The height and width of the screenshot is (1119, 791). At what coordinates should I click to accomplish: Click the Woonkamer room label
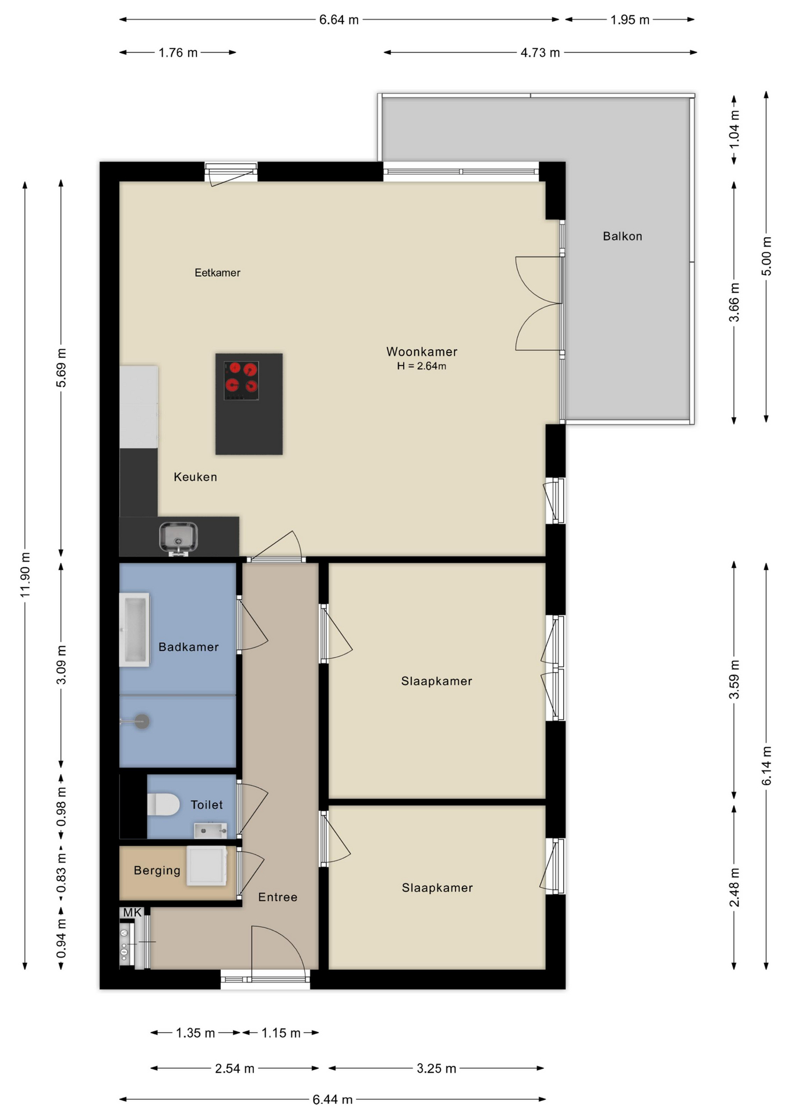[x=422, y=351]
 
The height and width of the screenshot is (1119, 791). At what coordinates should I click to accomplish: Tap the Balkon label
[x=623, y=236]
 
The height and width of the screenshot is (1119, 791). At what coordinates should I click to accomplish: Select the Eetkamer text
[x=217, y=272]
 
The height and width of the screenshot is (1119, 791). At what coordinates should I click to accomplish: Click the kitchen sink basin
[x=179, y=537]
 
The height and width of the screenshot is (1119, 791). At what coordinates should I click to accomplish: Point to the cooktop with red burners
[x=241, y=381]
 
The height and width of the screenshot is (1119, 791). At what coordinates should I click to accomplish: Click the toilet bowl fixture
[x=164, y=804]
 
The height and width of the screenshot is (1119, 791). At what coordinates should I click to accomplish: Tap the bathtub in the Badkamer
[x=135, y=630]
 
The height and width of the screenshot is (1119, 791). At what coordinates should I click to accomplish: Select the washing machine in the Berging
[x=207, y=866]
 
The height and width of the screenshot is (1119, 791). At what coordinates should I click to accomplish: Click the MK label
[x=132, y=913]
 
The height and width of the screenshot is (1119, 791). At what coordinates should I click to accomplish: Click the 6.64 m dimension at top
[x=339, y=20]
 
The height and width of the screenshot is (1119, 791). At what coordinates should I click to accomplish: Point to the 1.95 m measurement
[x=630, y=20]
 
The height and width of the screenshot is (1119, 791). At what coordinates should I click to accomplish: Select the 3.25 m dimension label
[x=436, y=1068]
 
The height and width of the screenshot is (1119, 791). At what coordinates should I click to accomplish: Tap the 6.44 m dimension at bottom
[x=333, y=1099]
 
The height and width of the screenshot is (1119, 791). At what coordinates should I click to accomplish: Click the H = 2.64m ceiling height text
[x=422, y=366]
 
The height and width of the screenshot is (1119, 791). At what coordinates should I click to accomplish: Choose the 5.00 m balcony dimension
[x=767, y=256]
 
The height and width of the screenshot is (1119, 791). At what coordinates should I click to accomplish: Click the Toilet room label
[x=207, y=805]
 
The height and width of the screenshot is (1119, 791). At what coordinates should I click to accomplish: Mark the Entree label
[x=278, y=897]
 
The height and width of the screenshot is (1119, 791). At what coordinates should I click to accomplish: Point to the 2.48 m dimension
[x=734, y=887]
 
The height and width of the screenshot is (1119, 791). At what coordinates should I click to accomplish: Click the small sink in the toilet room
[x=210, y=830]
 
